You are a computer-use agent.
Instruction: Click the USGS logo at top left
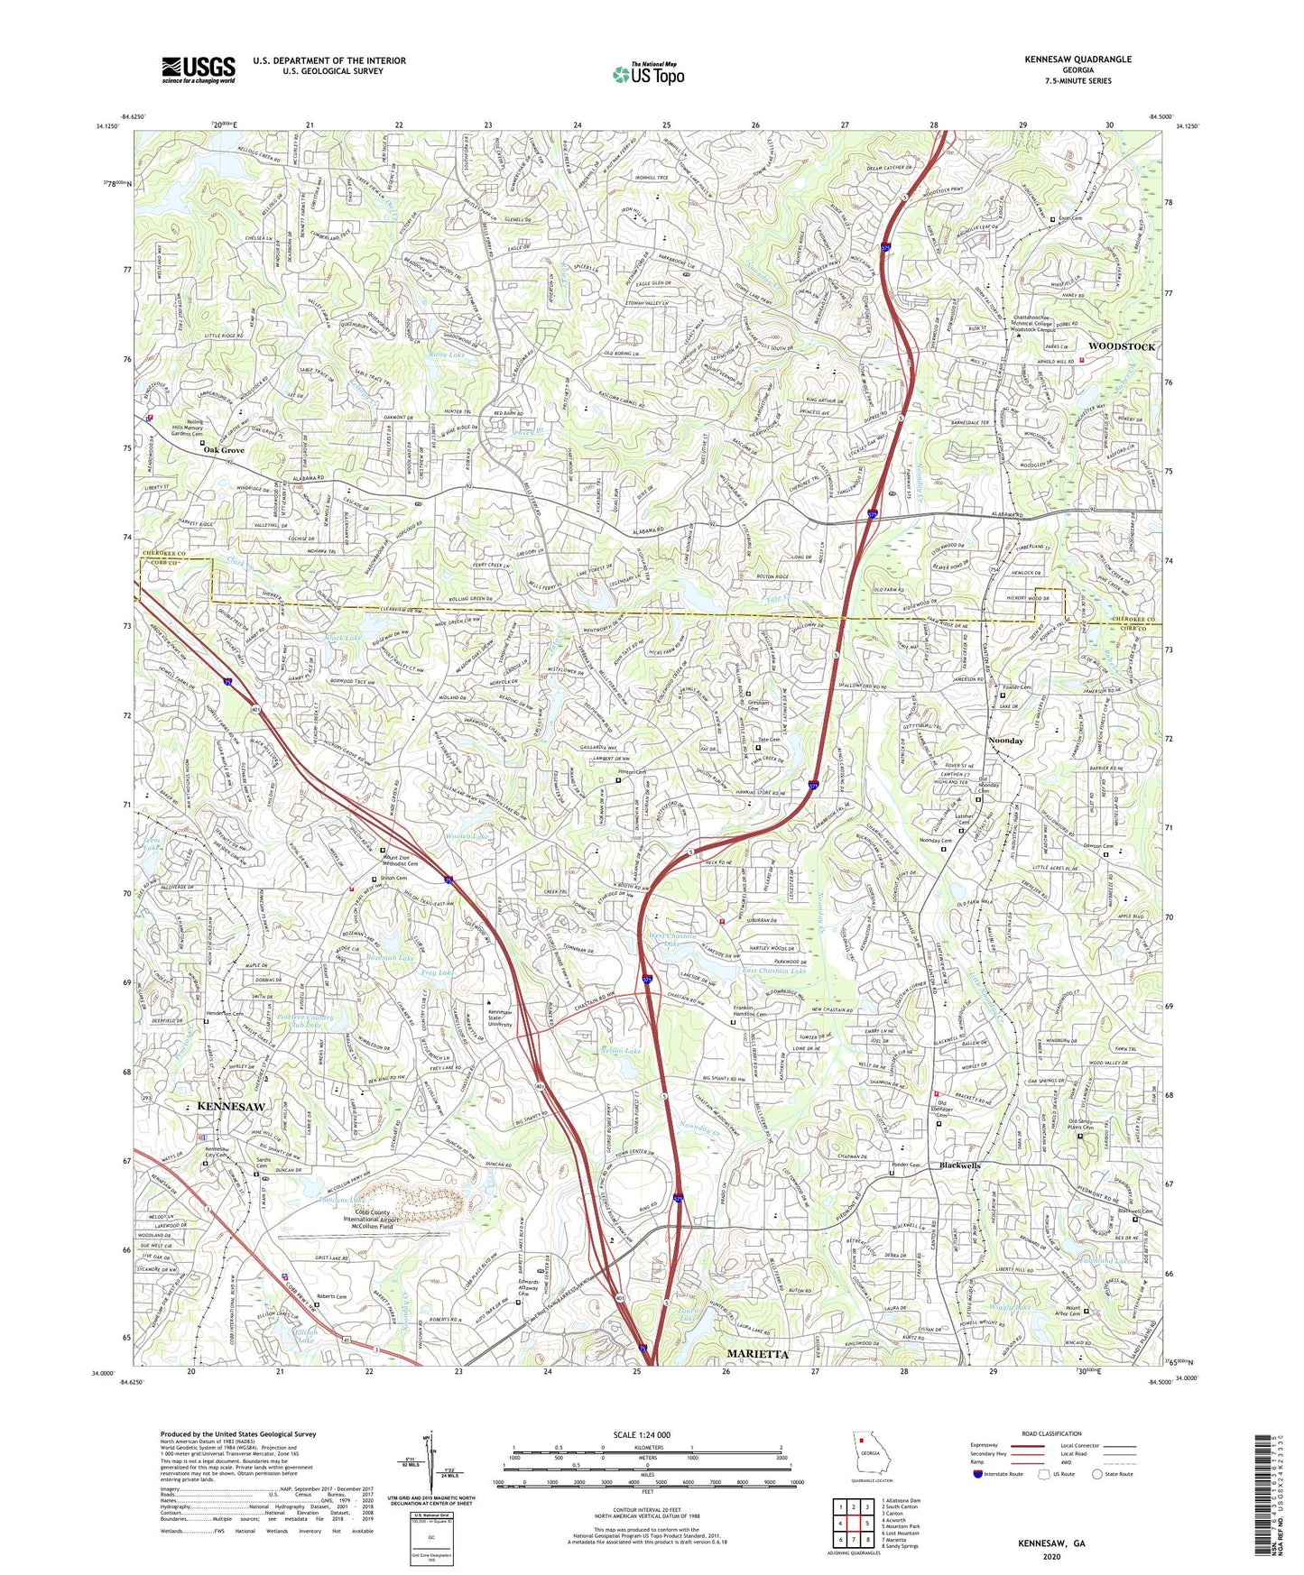click(198, 69)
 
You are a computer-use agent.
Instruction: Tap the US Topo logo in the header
click(647, 74)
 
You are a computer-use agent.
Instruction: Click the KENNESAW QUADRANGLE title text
click(1077, 60)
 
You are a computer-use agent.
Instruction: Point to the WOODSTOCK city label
click(1121, 346)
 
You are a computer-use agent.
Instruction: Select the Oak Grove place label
click(224, 449)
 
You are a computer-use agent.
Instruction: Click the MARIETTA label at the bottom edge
click(758, 1354)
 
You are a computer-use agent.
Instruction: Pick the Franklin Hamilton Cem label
click(754, 1012)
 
